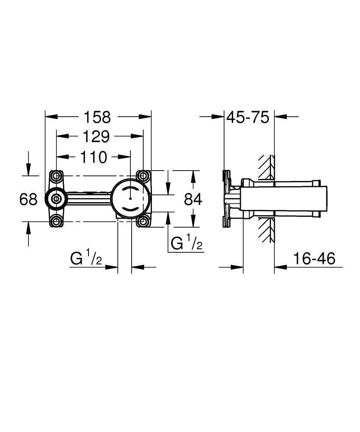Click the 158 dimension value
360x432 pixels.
click(97, 117)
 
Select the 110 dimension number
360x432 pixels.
click(93, 157)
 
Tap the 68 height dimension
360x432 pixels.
click(29, 199)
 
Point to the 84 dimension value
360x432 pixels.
click(193, 199)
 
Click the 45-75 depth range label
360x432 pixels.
click(248, 117)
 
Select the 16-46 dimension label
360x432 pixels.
click(314, 259)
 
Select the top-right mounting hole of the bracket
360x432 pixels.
click(143, 176)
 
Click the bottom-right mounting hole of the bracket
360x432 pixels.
click(143, 222)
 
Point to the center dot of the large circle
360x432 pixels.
click(130, 199)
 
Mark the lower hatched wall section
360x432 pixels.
click(266, 229)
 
